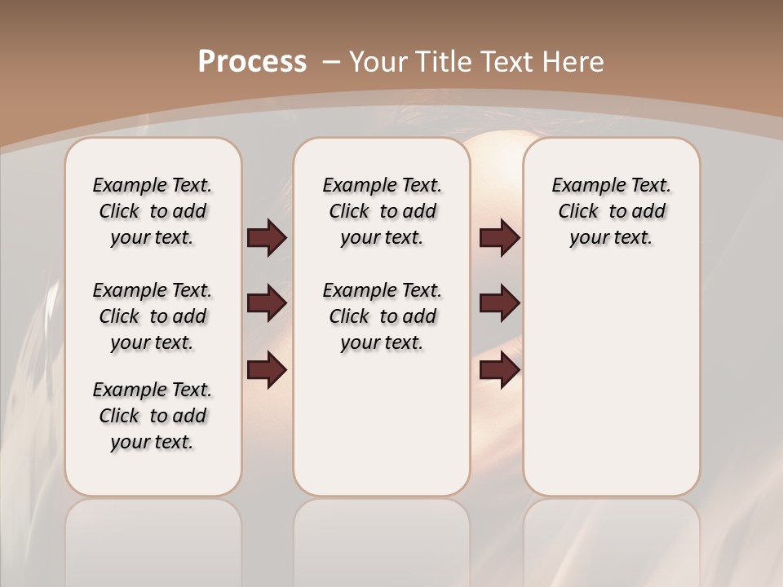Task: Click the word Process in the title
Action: pos(252,61)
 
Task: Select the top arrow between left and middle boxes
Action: pos(267,237)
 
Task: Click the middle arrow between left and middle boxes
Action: pos(267,304)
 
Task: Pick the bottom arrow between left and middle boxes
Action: pos(267,370)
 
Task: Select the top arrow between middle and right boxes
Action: pos(499,237)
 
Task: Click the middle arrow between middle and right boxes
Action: pos(499,304)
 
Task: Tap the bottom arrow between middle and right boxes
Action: pos(499,370)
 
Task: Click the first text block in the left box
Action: pos(153,211)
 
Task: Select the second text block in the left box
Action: pos(153,316)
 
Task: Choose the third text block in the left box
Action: pos(153,416)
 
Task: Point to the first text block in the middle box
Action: pos(382,211)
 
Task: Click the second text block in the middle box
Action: pos(382,316)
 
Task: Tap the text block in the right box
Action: pos(611,211)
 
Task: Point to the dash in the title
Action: pos(331,62)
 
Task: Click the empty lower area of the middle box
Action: pos(382,424)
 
